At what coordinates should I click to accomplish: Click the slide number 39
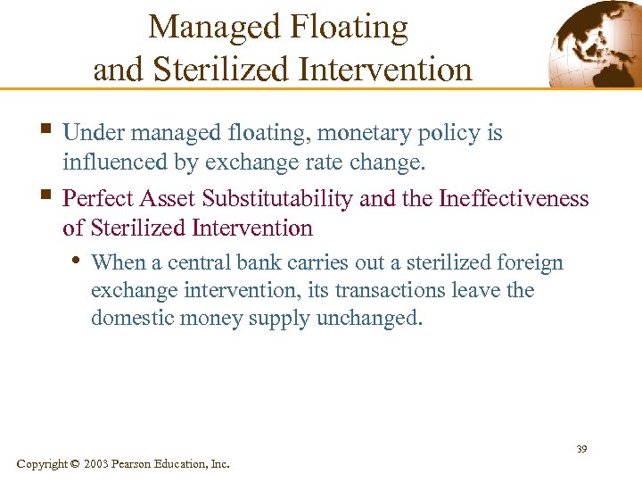[580, 449]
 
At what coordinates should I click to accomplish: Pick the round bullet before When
[78, 262]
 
